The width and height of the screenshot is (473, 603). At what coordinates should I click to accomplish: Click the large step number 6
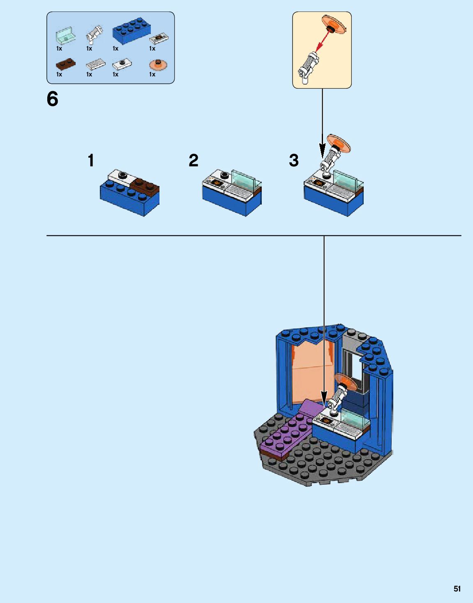(x=53, y=99)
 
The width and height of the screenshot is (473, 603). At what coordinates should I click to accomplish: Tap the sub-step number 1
(x=91, y=160)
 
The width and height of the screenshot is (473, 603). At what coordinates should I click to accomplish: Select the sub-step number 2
(x=194, y=160)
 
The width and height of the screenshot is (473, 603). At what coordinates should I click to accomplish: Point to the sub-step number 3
(x=294, y=160)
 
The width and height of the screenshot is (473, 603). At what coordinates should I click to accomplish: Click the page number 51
(x=457, y=589)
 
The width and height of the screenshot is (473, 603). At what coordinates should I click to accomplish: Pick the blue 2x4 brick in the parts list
(x=131, y=32)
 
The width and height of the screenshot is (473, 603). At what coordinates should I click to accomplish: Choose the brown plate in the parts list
(x=65, y=64)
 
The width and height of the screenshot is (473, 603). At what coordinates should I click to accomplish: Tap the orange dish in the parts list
(x=158, y=65)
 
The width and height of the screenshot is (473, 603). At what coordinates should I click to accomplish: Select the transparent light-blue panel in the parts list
(x=66, y=36)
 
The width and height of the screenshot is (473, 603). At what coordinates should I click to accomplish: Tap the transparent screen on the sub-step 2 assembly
(x=245, y=179)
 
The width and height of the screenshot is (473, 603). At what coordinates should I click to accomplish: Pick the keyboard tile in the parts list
(x=95, y=64)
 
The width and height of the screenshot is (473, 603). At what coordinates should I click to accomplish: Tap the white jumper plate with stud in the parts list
(x=122, y=64)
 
